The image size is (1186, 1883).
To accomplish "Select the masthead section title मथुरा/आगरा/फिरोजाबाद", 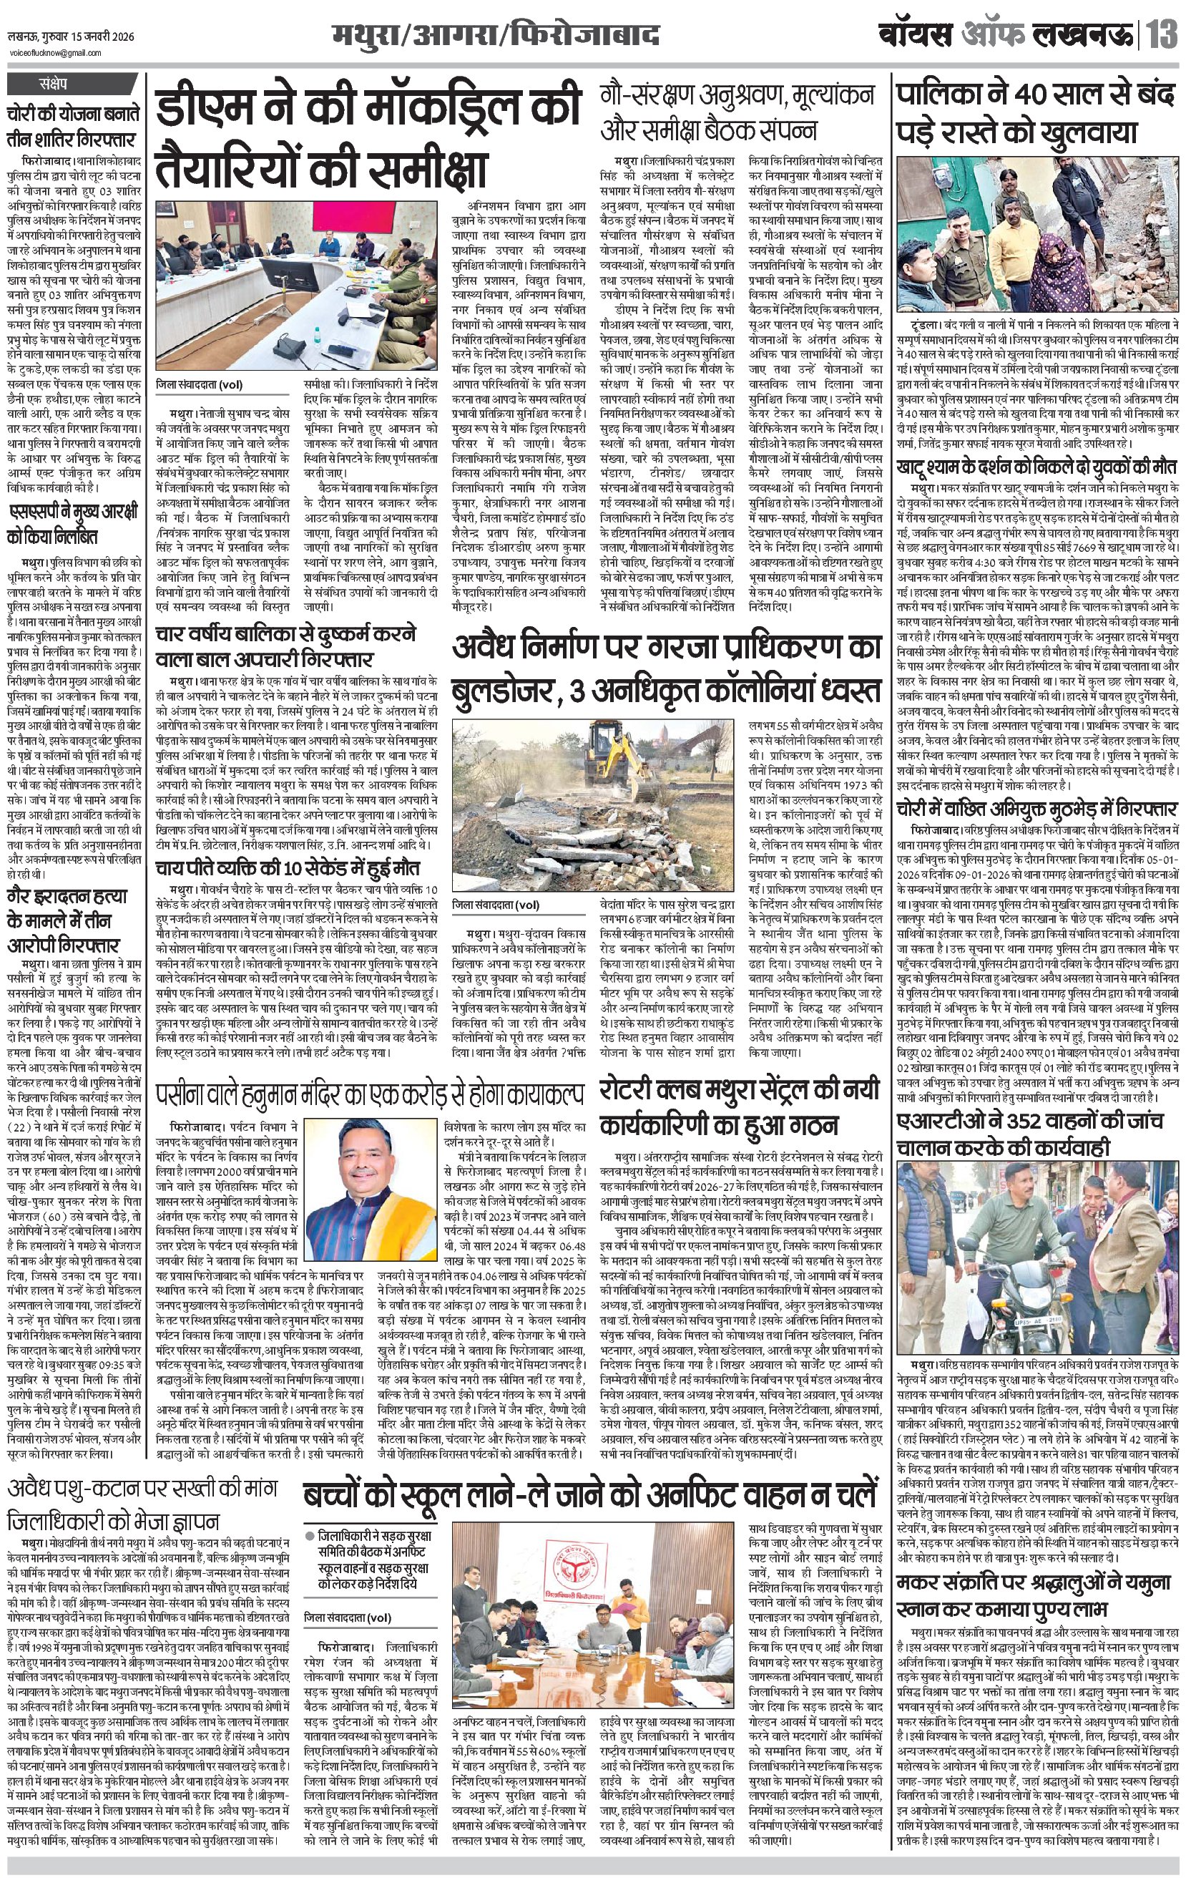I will [494, 36].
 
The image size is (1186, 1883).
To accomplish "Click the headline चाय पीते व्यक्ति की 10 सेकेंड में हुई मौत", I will [287, 868].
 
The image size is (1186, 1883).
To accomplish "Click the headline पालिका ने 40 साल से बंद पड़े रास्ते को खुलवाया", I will [1036, 113].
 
